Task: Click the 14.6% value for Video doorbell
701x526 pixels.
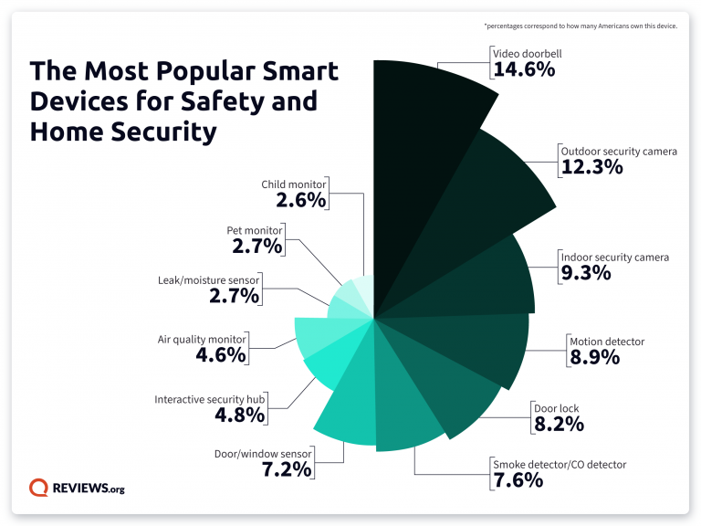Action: point(523,68)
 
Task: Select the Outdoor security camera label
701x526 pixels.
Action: point(618,151)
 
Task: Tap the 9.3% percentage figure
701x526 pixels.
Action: point(585,272)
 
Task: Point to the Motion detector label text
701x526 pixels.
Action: point(606,342)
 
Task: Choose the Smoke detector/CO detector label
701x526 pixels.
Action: point(560,464)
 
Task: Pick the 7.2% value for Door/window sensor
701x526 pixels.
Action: point(288,468)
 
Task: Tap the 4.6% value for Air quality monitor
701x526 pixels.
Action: point(221,354)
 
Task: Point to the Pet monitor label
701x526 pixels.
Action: point(255,230)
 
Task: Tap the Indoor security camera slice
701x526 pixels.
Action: point(493,274)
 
